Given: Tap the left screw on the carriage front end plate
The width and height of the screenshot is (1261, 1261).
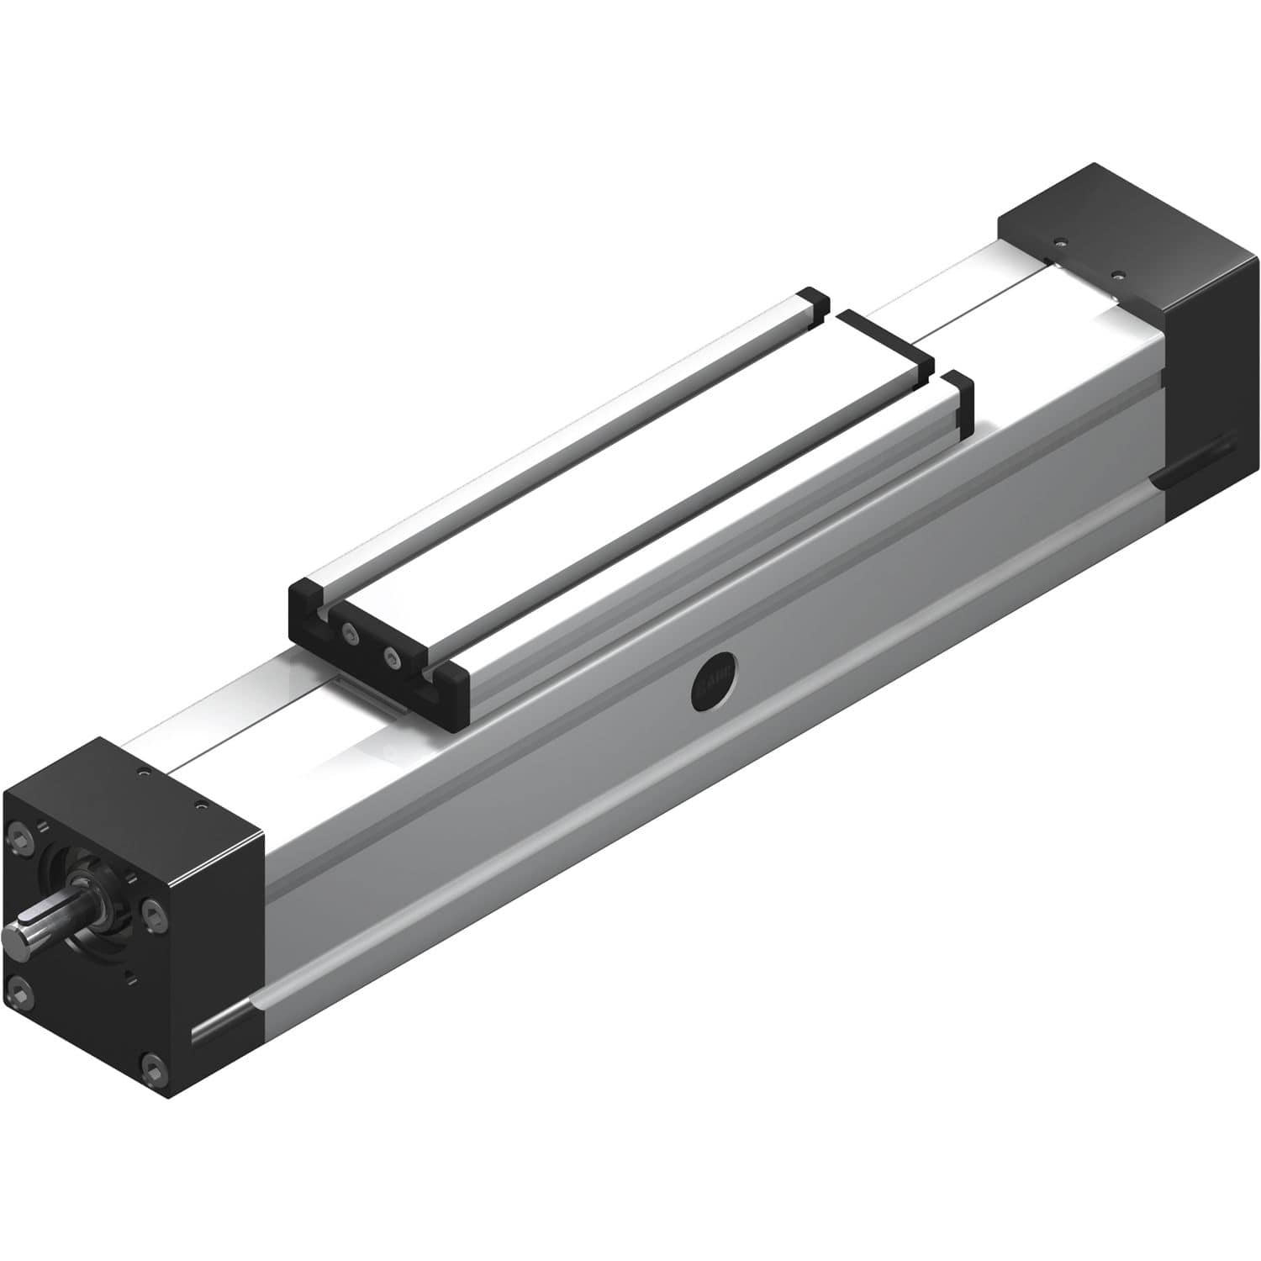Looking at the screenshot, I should [346, 631].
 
